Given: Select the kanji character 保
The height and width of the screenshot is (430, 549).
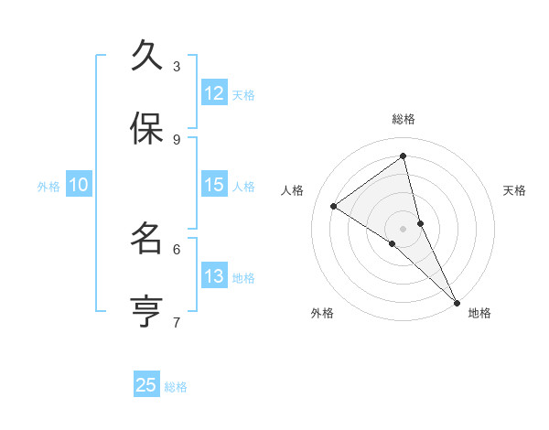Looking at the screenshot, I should [146, 129].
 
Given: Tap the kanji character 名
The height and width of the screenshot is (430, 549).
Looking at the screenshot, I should [146, 239].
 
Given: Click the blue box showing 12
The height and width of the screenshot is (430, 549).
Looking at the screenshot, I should [214, 93].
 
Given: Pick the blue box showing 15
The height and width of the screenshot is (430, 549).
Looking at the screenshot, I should [214, 185].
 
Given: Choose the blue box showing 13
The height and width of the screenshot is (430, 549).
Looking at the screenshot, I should [214, 276].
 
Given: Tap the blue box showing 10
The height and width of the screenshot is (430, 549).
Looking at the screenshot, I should [79, 185].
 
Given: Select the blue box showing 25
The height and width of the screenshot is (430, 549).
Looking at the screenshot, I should [146, 385].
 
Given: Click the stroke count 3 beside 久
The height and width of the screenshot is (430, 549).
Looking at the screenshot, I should [177, 66].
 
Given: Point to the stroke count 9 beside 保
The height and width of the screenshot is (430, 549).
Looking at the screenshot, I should [177, 139].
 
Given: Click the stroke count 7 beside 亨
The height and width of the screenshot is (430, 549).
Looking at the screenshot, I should [177, 322].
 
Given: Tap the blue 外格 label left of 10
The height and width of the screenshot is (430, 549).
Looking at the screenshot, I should [48, 187].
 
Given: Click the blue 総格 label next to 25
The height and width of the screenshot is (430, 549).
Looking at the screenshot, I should [177, 387].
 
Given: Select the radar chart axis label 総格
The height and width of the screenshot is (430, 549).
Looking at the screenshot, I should [404, 119].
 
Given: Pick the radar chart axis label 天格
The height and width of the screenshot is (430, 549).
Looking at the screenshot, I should [515, 190].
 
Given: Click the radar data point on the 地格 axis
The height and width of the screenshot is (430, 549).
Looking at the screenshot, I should [456, 302].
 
